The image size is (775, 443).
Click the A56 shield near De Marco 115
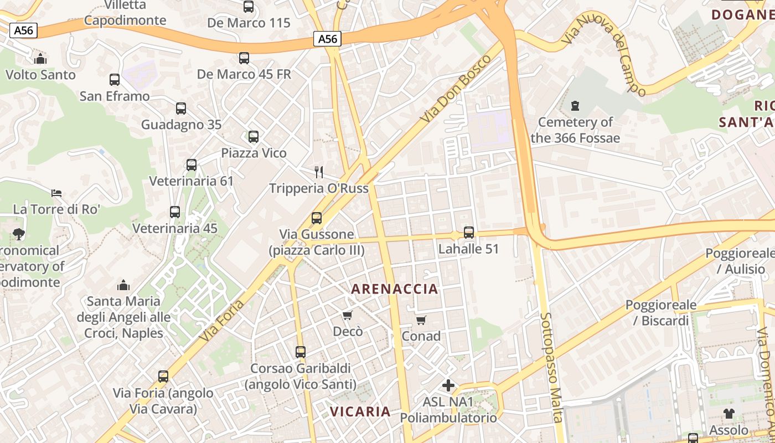[x=327, y=39]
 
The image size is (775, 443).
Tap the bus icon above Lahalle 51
[x=469, y=233]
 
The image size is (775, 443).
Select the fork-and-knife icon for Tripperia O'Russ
[x=318, y=172]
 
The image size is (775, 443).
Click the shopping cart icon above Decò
[x=348, y=316]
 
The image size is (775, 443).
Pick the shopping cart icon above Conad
[x=421, y=320]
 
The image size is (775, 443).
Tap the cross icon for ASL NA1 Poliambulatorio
[x=448, y=385]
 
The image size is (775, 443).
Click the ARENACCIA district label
[x=395, y=289]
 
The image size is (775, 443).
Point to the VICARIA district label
[x=360, y=411]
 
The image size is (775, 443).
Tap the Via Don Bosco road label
[x=456, y=88]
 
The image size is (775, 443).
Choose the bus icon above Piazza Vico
[x=254, y=136]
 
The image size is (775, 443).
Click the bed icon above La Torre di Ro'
[x=56, y=193]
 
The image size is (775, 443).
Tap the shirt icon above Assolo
[x=729, y=413]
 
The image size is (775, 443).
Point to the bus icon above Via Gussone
[x=317, y=218]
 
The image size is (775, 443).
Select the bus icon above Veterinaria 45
[x=175, y=212]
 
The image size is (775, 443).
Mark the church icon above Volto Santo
[x=40, y=58]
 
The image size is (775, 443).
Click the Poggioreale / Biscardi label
[x=657, y=312]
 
